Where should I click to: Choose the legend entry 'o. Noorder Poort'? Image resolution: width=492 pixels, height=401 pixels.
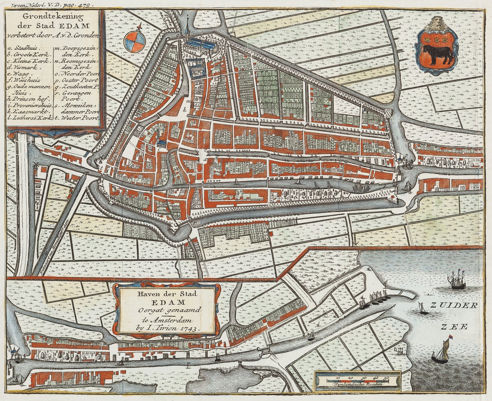pos(76,74)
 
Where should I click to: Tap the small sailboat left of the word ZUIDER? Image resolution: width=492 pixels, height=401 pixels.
pos(421,307)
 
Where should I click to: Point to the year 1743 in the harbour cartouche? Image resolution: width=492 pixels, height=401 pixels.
pos(191,328)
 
